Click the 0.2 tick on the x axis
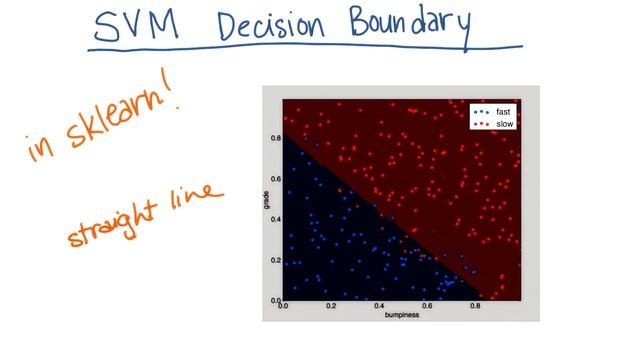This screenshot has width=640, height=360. (x=332, y=306)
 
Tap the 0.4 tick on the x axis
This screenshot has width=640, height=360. (x=380, y=306)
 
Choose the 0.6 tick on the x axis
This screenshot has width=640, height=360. (x=428, y=306)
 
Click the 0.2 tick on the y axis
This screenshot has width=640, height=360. (x=276, y=259)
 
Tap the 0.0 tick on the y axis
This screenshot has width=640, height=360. (x=276, y=299)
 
